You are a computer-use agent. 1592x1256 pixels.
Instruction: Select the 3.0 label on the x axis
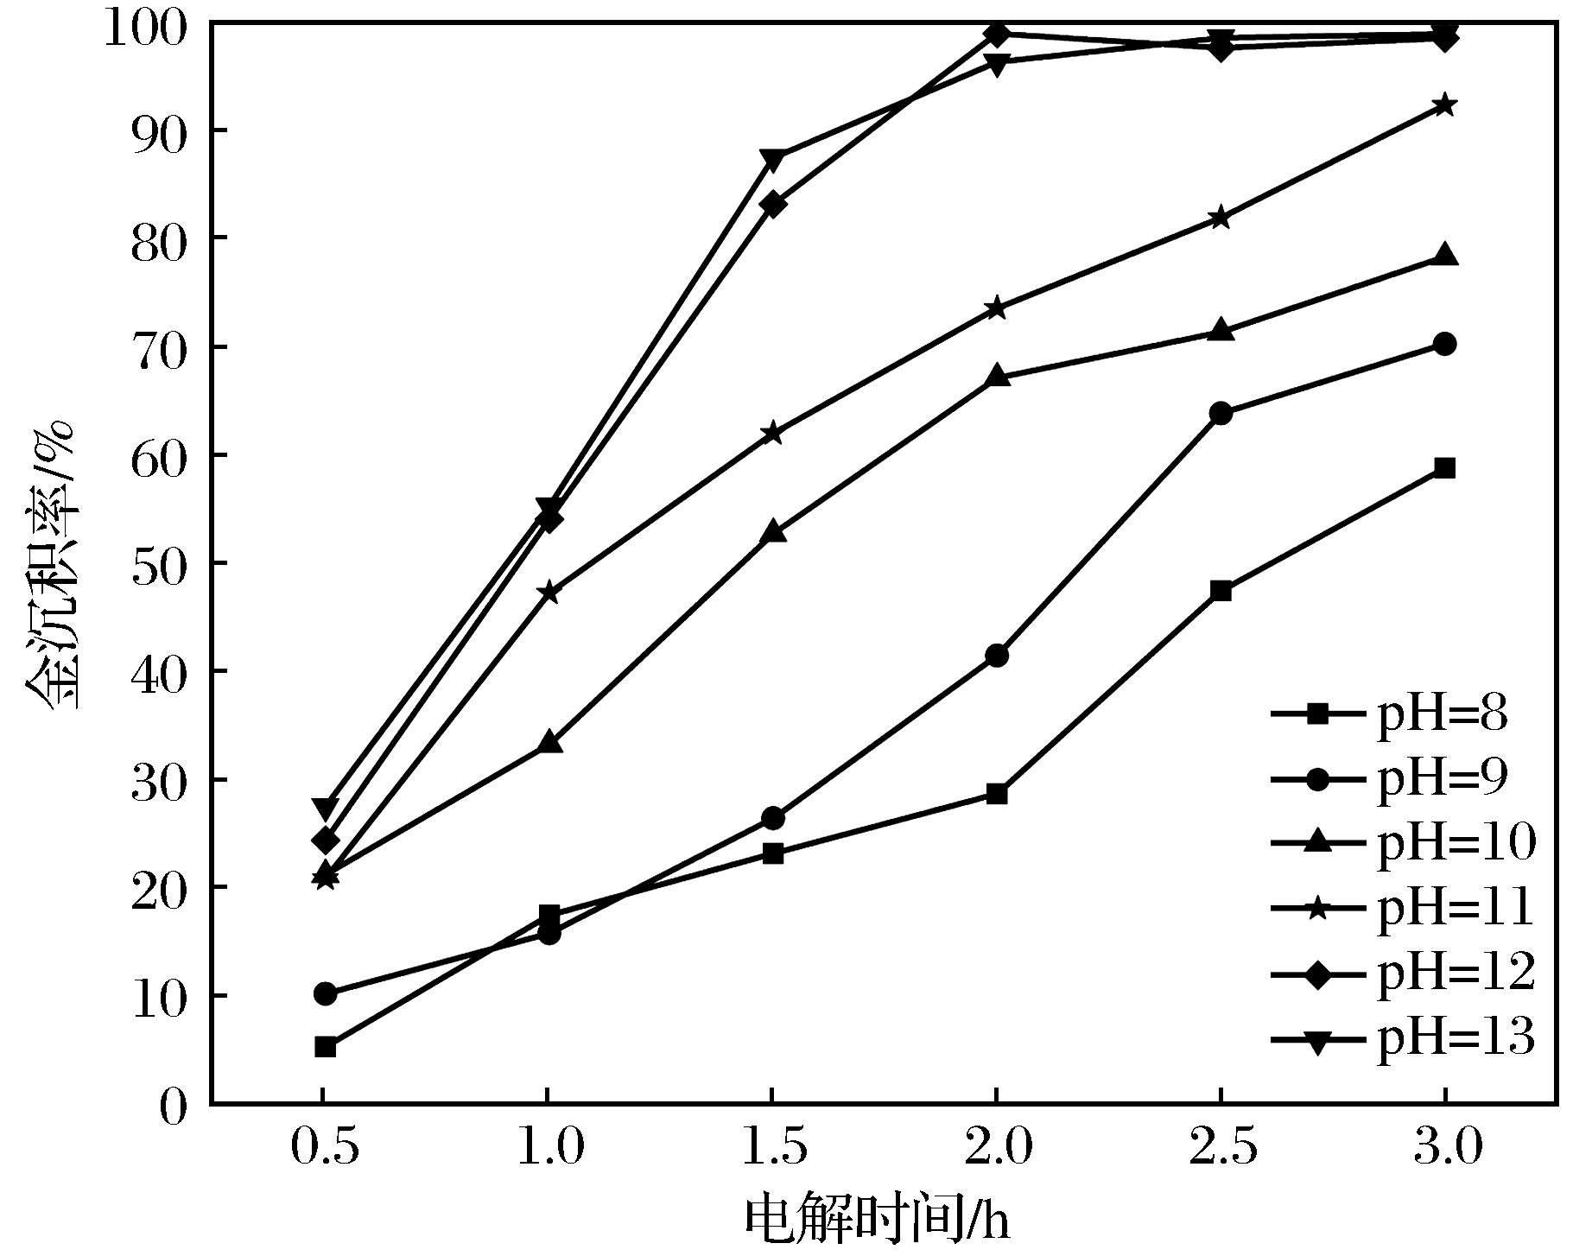pos(1444,1148)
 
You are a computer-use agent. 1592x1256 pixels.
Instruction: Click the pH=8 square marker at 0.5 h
pos(325,1047)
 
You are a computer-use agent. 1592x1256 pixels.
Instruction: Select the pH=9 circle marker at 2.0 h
pos(996,656)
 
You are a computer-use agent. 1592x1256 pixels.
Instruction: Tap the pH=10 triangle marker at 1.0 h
pos(550,743)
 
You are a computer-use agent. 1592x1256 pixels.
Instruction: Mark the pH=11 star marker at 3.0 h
pos(1444,105)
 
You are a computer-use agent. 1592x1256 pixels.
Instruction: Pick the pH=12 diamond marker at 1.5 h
pos(773,205)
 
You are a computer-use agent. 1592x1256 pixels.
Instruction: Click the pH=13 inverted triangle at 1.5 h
pos(773,160)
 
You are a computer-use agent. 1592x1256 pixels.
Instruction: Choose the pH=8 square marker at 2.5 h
pos(1221,591)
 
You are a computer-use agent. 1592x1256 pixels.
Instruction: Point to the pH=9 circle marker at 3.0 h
pos(1444,345)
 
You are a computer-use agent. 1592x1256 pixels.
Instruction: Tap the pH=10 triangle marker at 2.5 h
pos(1221,330)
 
